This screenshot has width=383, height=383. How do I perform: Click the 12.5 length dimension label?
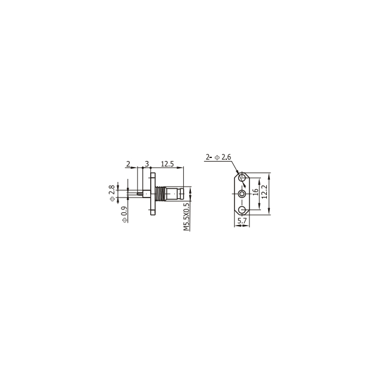tap(167, 164)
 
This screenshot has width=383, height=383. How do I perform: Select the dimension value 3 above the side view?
tap(147, 164)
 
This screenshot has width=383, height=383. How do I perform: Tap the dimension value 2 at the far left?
tap(128, 164)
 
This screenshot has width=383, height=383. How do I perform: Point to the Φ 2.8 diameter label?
tap(112, 193)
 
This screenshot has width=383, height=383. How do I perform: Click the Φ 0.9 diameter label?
tap(124, 214)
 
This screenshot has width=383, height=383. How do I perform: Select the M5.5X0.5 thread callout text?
tap(187, 217)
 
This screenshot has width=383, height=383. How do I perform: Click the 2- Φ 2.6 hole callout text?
tap(218, 157)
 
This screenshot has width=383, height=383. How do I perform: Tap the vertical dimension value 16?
tap(256, 192)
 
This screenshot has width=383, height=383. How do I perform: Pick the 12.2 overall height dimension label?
tap(265, 191)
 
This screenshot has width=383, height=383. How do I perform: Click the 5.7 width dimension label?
tap(242, 221)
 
